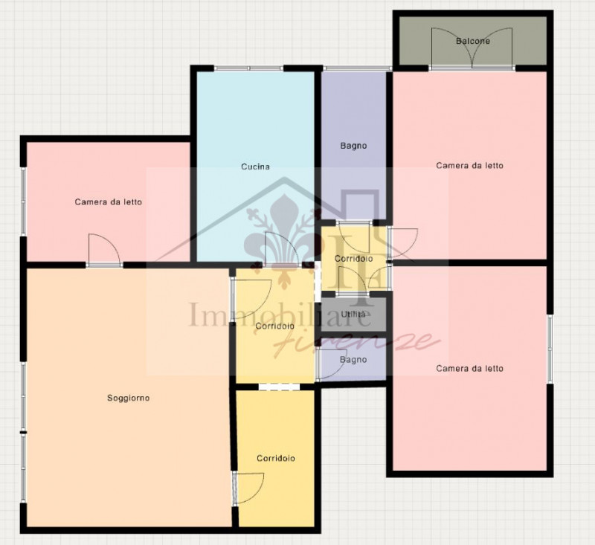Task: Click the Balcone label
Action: tap(473, 41)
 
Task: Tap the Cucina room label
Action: tap(255, 167)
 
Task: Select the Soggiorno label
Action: tap(128, 398)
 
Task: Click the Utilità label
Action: tap(353, 314)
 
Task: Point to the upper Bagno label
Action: tap(353, 146)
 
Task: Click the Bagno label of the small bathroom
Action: tap(353, 360)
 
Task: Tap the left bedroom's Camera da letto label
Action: tap(108, 201)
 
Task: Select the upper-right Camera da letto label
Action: tap(469, 165)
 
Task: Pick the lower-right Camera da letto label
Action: tap(469, 368)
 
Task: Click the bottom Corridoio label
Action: tap(276, 458)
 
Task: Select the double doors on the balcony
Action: tap(472, 48)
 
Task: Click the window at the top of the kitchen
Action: tap(249, 68)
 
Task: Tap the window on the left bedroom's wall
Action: tap(23, 201)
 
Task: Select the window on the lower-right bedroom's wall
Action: tap(550, 349)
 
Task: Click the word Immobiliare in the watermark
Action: tap(280, 315)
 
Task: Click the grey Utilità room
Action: tap(353, 315)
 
